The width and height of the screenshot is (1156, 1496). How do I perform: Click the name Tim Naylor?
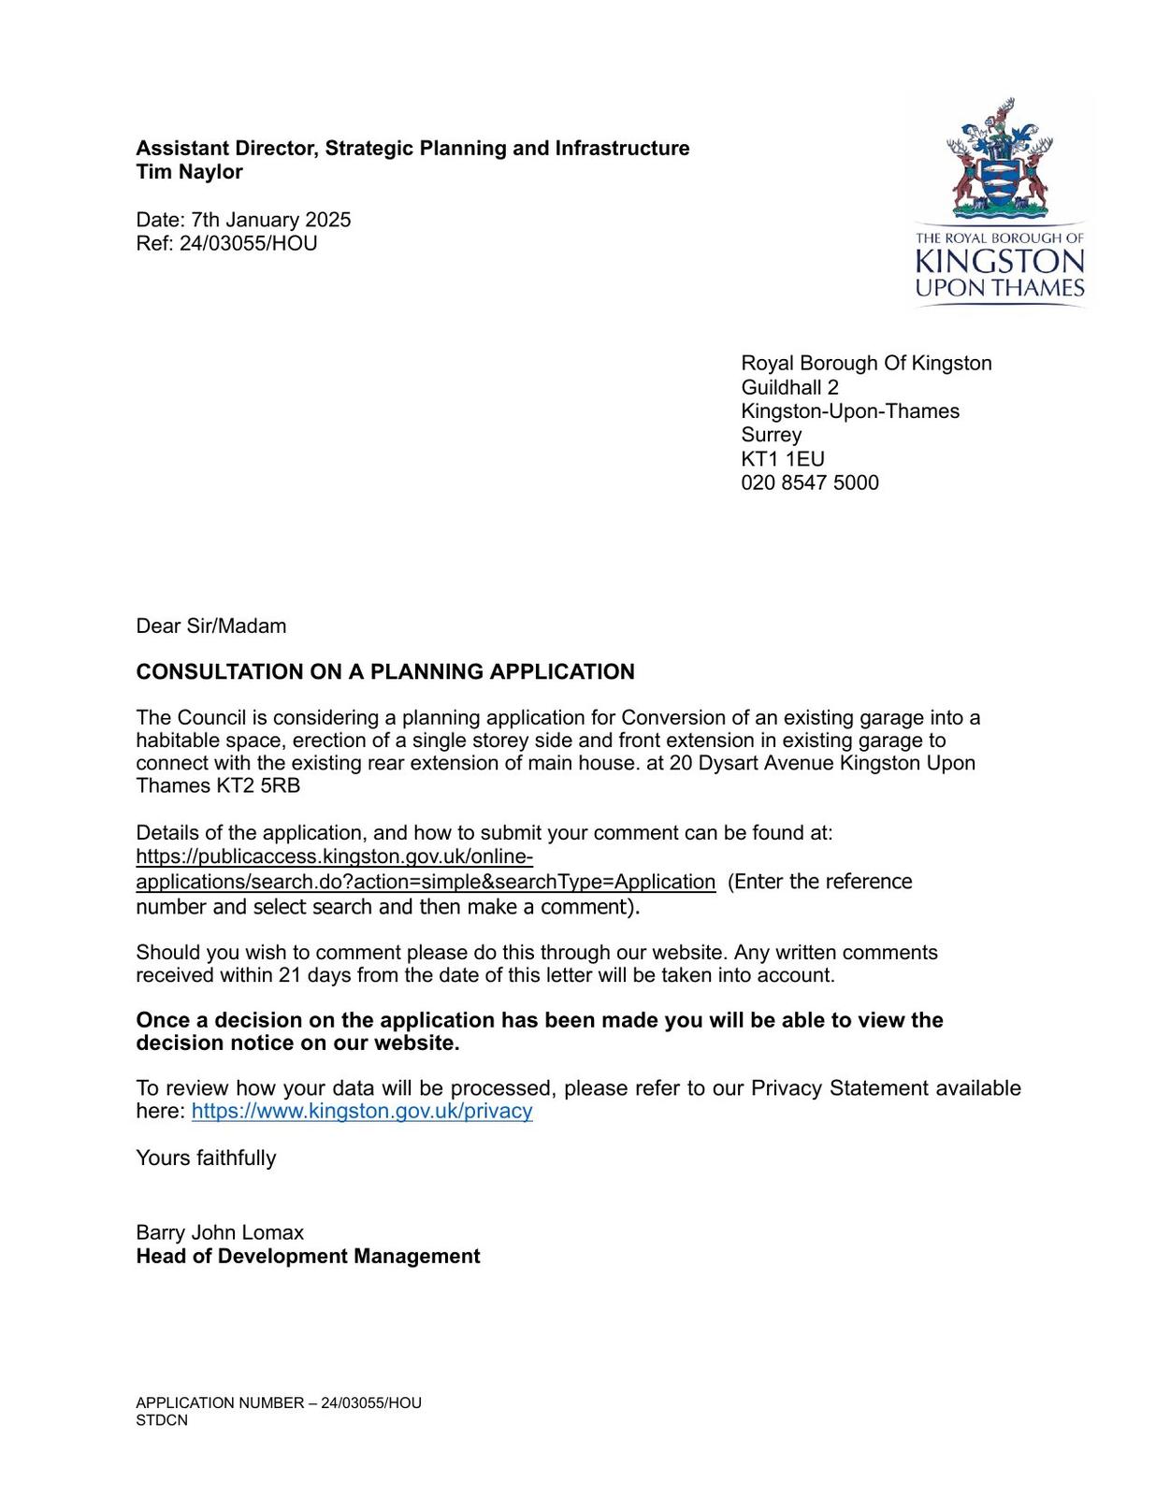click(x=189, y=172)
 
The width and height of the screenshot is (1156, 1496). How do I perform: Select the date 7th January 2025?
click(x=271, y=220)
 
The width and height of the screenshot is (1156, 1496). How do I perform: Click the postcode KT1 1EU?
click(x=782, y=459)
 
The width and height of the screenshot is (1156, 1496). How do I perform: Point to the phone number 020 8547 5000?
click(x=809, y=483)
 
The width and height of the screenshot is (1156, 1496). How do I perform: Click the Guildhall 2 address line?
click(x=789, y=387)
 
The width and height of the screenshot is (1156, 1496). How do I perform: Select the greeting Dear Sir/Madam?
click(x=211, y=626)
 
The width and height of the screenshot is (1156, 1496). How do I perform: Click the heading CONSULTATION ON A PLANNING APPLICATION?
click(x=385, y=672)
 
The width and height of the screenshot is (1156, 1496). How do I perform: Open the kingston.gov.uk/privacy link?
click(x=362, y=1111)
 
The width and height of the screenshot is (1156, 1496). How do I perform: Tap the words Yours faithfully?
click(x=206, y=1158)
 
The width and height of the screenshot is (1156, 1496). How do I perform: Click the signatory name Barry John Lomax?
click(x=220, y=1232)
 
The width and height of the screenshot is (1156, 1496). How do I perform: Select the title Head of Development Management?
click(x=308, y=1257)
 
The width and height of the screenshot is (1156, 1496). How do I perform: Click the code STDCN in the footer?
click(x=162, y=1420)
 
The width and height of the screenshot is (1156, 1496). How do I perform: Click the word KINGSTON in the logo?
click(x=999, y=261)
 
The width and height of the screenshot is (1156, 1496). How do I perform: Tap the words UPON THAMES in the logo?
click(x=999, y=288)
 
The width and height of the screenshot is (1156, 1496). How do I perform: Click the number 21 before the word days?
click(x=289, y=975)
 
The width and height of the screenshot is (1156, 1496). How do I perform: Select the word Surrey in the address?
click(x=771, y=435)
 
